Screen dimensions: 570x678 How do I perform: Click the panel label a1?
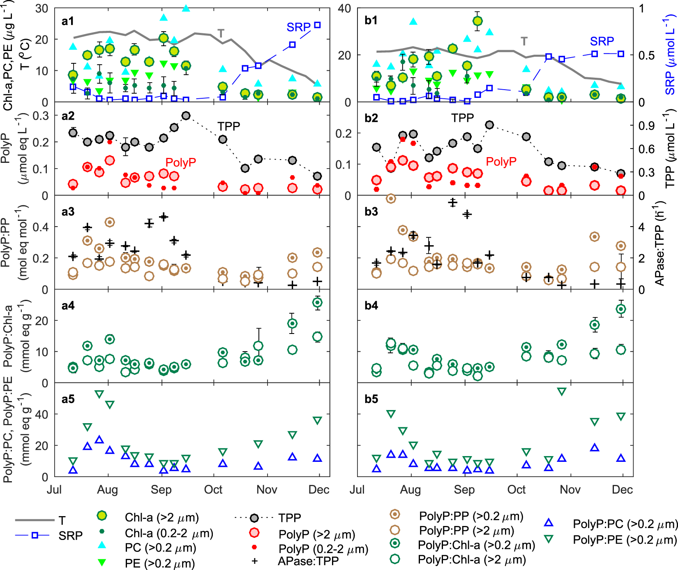[67, 21]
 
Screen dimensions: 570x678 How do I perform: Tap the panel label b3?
[371, 211]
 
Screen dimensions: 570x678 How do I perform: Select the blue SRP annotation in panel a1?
[298, 27]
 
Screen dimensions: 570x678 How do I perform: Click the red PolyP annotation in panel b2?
[501, 162]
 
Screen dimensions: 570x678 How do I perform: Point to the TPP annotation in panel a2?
[228, 126]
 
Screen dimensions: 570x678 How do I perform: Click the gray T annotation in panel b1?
[524, 41]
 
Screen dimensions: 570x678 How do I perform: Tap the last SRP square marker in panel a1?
[317, 25]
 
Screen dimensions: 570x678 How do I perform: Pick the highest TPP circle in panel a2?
[186, 116]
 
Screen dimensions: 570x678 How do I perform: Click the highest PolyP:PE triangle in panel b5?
[562, 392]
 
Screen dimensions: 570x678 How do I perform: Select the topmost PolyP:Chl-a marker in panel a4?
[317, 303]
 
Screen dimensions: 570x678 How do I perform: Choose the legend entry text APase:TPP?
[308, 561]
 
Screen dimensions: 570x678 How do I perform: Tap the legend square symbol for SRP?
[35, 535]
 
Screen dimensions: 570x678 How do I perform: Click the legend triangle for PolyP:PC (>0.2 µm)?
[549, 523]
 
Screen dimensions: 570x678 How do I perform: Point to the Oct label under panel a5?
[213, 489]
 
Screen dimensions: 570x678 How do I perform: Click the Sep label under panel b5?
[464, 489]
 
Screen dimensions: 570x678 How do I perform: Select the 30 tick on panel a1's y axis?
[42, 8]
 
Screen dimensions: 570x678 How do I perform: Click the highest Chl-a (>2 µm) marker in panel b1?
[477, 21]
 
